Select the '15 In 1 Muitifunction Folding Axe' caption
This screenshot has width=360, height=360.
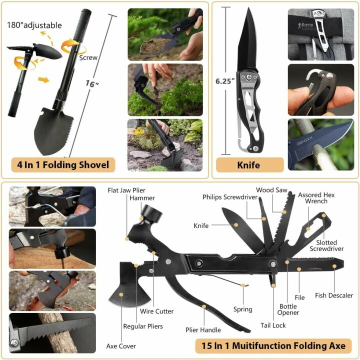(273, 345)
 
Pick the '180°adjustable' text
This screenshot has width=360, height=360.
(34, 25)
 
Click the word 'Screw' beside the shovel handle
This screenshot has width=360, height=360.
(88, 57)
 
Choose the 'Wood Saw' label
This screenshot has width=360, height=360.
(271, 190)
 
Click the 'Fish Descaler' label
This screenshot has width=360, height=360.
(334, 295)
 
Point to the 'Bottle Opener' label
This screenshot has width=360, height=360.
(288, 309)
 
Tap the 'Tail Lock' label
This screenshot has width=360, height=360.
(273, 325)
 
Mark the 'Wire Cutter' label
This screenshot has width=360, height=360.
(157, 311)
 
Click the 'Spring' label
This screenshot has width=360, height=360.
(243, 309)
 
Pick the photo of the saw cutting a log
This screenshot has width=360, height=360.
(52, 332)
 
